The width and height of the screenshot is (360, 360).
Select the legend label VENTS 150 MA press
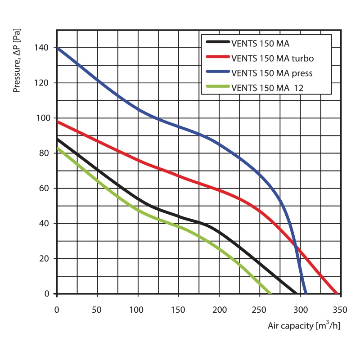point(272,73)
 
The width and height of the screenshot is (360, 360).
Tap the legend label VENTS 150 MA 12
point(267,88)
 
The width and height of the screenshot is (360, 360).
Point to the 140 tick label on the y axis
point(44,48)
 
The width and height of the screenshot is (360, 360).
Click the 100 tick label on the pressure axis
point(44,118)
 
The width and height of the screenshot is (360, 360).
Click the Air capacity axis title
point(304,325)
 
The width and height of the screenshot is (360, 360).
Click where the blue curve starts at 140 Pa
point(57,48)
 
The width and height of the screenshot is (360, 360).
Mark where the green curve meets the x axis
point(270,294)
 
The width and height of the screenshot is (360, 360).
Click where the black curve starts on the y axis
point(57,139)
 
